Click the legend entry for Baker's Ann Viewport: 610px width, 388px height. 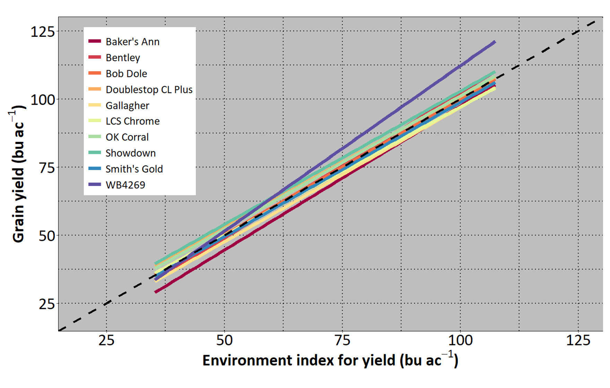pos(132,42)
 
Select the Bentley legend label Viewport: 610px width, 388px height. pos(123,58)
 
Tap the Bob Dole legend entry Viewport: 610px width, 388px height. pos(126,74)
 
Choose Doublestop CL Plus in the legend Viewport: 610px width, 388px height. pos(149,90)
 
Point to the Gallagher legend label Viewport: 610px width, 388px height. pos(127,106)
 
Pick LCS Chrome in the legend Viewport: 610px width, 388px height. pos(132,121)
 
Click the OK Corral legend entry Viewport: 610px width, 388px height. pos(127,137)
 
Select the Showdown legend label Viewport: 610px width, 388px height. pos(130,153)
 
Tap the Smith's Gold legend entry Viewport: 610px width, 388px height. pos(134,169)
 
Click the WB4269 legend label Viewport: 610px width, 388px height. pos(125,185)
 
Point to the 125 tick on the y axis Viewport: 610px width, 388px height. pos(43,32)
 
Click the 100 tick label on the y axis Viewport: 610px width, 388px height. pos(43,100)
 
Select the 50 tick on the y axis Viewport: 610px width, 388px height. pos(47,236)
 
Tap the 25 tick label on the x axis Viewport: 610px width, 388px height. pos(106,340)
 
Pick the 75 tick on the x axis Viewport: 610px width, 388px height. pos(342,340)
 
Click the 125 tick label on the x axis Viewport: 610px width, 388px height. pos(578,340)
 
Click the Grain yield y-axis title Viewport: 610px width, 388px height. pos(18,174)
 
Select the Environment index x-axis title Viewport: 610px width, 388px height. pos(330,360)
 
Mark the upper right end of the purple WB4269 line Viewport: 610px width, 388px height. pos(495,42)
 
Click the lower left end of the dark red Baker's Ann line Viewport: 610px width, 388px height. pos(156,292)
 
